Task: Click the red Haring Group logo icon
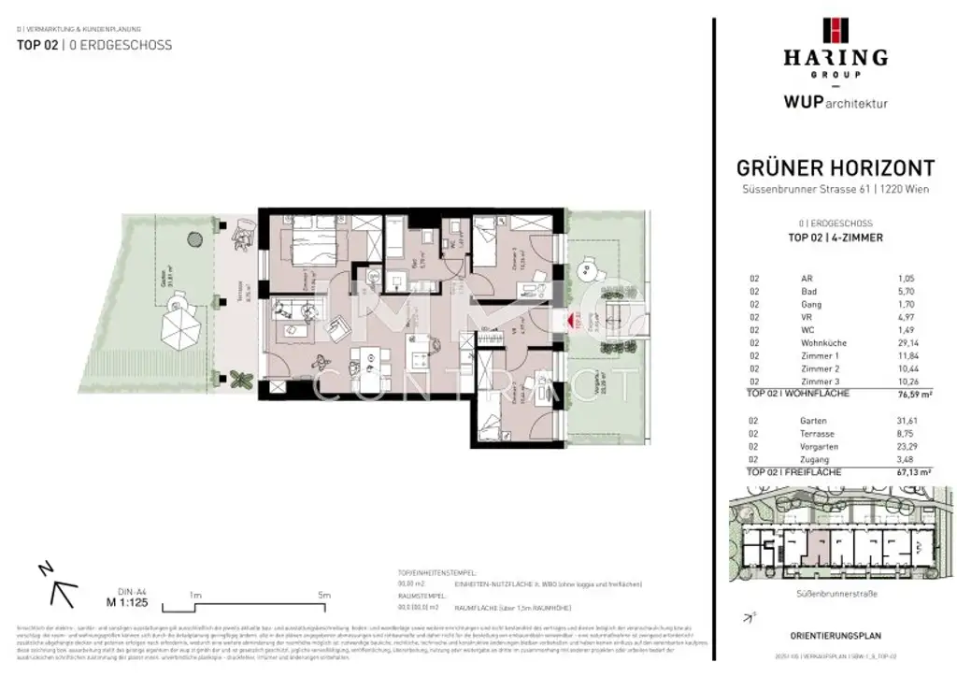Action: pos(835,30)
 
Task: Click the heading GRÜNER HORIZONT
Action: pos(835,168)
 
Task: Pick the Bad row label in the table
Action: pos(808,292)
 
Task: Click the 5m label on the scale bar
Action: pos(324,595)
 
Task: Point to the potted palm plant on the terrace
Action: pos(241,379)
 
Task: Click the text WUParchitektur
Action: pos(835,102)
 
